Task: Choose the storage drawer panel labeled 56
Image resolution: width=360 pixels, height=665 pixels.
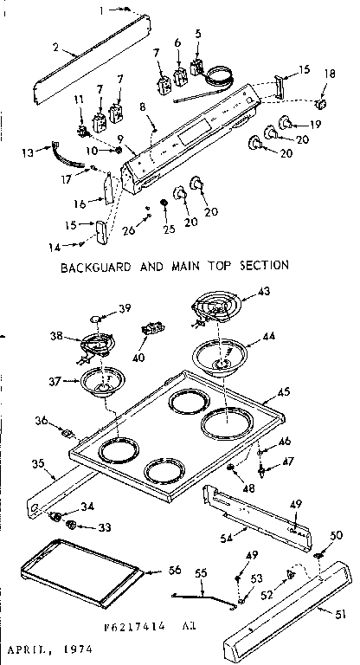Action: pos(78,569)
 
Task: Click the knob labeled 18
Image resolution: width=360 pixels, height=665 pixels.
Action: pos(321,105)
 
